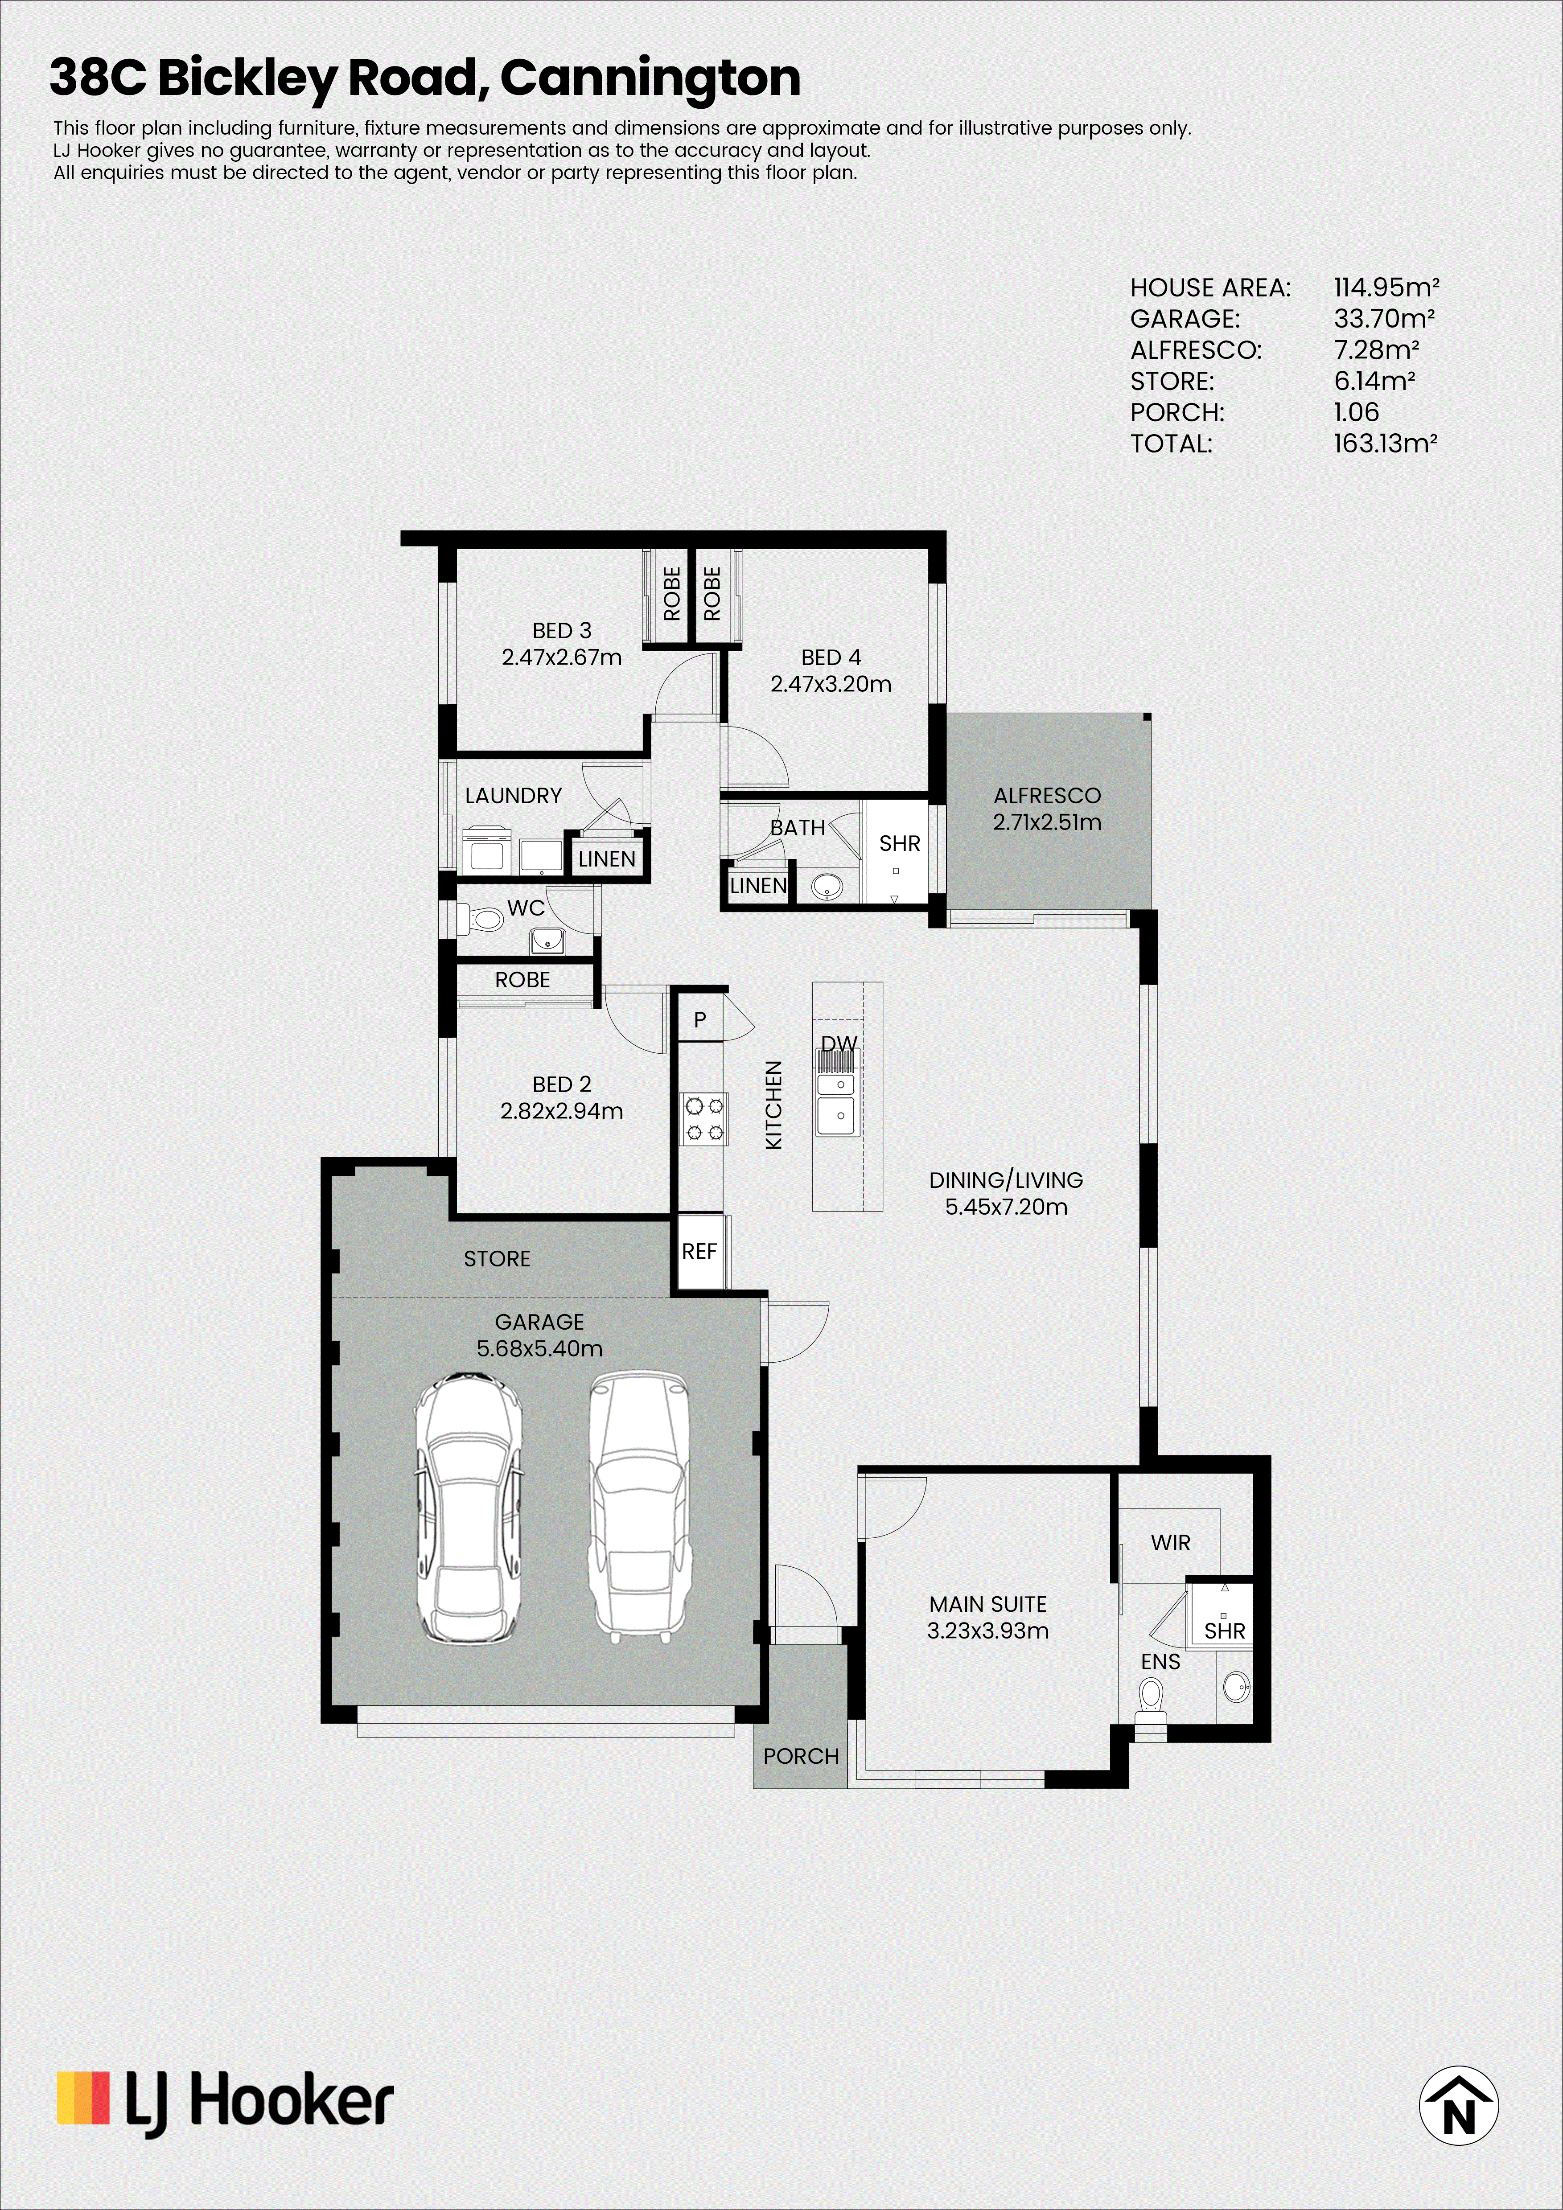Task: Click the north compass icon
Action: (1458, 2105)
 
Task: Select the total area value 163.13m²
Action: (1385, 444)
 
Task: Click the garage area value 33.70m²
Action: (1384, 319)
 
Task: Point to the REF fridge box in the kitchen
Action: (699, 1251)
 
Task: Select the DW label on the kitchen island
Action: (839, 1043)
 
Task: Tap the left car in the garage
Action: (469, 1508)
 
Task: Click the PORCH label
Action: (801, 1757)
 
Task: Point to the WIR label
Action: (1170, 1543)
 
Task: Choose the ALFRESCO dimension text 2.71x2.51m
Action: (1047, 822)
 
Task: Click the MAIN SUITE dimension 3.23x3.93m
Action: (987, 1631)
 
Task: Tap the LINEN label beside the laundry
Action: (606, 859)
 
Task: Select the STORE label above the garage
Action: (497, 1259)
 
